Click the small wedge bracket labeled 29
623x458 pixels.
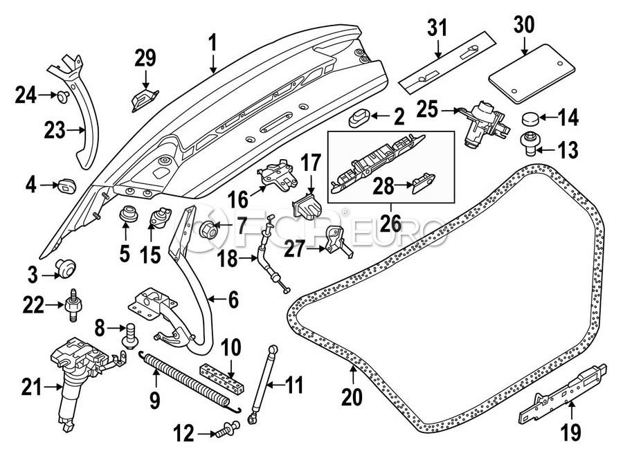(143, 98)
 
